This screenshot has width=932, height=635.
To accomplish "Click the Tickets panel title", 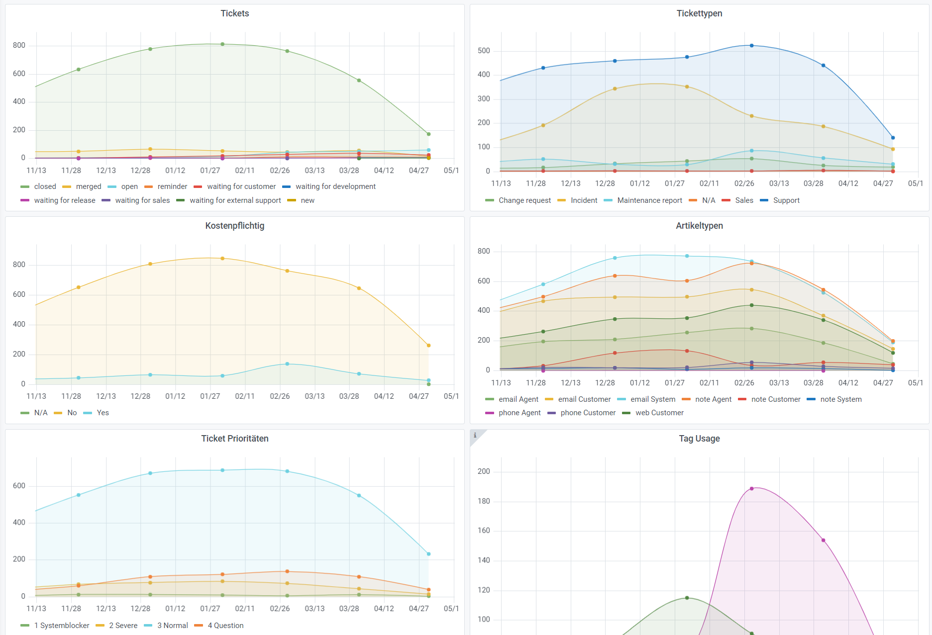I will [234, 13].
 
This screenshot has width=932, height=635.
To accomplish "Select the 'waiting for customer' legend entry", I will [241, 186].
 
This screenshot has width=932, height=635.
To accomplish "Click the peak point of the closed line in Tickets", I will [222, 44].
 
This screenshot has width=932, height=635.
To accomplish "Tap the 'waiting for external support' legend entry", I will [235, 200].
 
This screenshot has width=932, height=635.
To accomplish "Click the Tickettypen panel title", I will [699, 13].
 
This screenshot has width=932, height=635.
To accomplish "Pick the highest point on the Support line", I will [751, 46].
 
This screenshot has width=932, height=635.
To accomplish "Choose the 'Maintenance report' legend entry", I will [649, 200].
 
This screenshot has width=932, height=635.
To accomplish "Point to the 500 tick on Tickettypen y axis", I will [484, 51].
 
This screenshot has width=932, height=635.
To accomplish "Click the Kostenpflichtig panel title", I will [234, 226].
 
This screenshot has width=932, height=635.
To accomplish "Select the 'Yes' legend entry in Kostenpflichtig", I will [103, 413].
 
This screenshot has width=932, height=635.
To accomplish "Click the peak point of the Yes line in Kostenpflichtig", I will [287, 364].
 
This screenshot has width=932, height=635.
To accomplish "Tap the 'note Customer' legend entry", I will [775, 399].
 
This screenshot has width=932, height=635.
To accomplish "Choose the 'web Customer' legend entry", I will [659, 413].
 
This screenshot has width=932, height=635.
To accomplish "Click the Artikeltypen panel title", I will [699, 226].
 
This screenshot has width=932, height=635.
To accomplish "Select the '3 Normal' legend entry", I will [172, 626].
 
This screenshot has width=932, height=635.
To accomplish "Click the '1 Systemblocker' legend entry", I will [61, 626].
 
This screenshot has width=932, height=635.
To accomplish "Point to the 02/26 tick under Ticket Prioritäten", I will [280, 609].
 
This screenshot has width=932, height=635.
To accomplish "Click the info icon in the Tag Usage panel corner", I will [475, 435].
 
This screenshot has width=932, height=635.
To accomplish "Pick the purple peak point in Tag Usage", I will [751, 489].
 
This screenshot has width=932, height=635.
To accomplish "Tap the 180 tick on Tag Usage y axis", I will [484, 501].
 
